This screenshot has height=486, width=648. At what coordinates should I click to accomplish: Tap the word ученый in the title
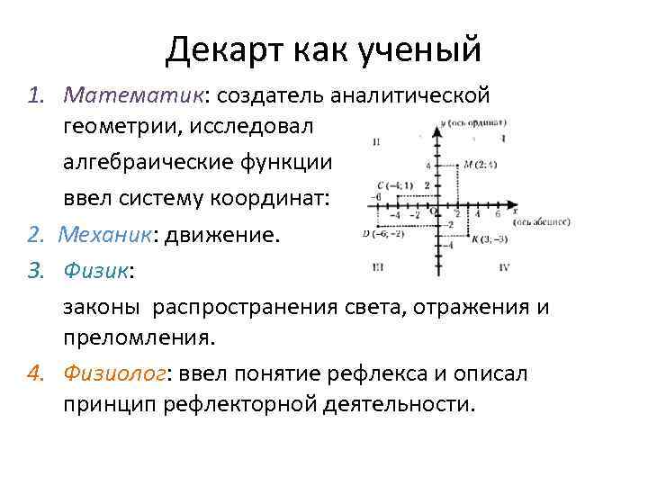(419, 49)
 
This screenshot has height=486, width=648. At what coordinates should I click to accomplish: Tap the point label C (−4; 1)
(394, 185)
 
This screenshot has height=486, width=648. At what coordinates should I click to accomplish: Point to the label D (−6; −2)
(382, 233)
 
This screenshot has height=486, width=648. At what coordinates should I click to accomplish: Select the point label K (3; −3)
(488, 239)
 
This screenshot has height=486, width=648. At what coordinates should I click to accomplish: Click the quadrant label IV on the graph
(504, 268)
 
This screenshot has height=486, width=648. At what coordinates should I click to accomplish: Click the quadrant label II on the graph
(375, 140)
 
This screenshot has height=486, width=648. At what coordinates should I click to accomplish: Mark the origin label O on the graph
(431, 210)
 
